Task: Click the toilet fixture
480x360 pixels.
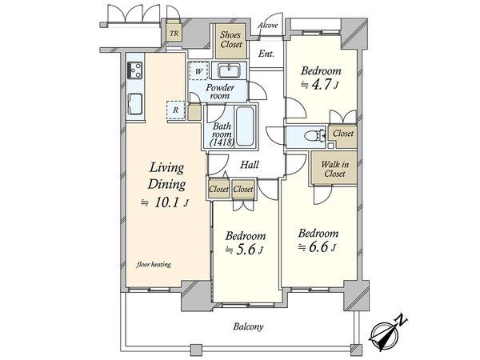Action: [315, 135]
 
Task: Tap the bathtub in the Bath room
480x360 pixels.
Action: [245, 126]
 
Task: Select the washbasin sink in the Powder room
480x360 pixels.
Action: [228, 70]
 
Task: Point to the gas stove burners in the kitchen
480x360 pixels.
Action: [134, 70]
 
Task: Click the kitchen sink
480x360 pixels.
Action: [134, 104]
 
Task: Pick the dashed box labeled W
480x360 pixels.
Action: [198, 71]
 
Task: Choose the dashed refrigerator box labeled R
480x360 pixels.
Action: [176, 110]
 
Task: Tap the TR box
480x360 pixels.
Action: [174, 33]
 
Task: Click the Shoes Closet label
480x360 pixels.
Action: [231, 40]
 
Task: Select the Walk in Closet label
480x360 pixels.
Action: [334, 169]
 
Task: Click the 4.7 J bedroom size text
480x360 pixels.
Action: [320, 85]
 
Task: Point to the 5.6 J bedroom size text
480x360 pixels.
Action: [244, 250]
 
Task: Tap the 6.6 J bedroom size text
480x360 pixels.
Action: [318, 246]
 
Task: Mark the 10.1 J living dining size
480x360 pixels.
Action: [164, 202]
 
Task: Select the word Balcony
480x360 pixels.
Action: [248, 326]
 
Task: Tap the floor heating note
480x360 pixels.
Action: [154, 264]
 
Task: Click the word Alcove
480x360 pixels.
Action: [268, 25]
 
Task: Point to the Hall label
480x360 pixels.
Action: [250, 165]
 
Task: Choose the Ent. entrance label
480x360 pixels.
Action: [266, 54]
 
